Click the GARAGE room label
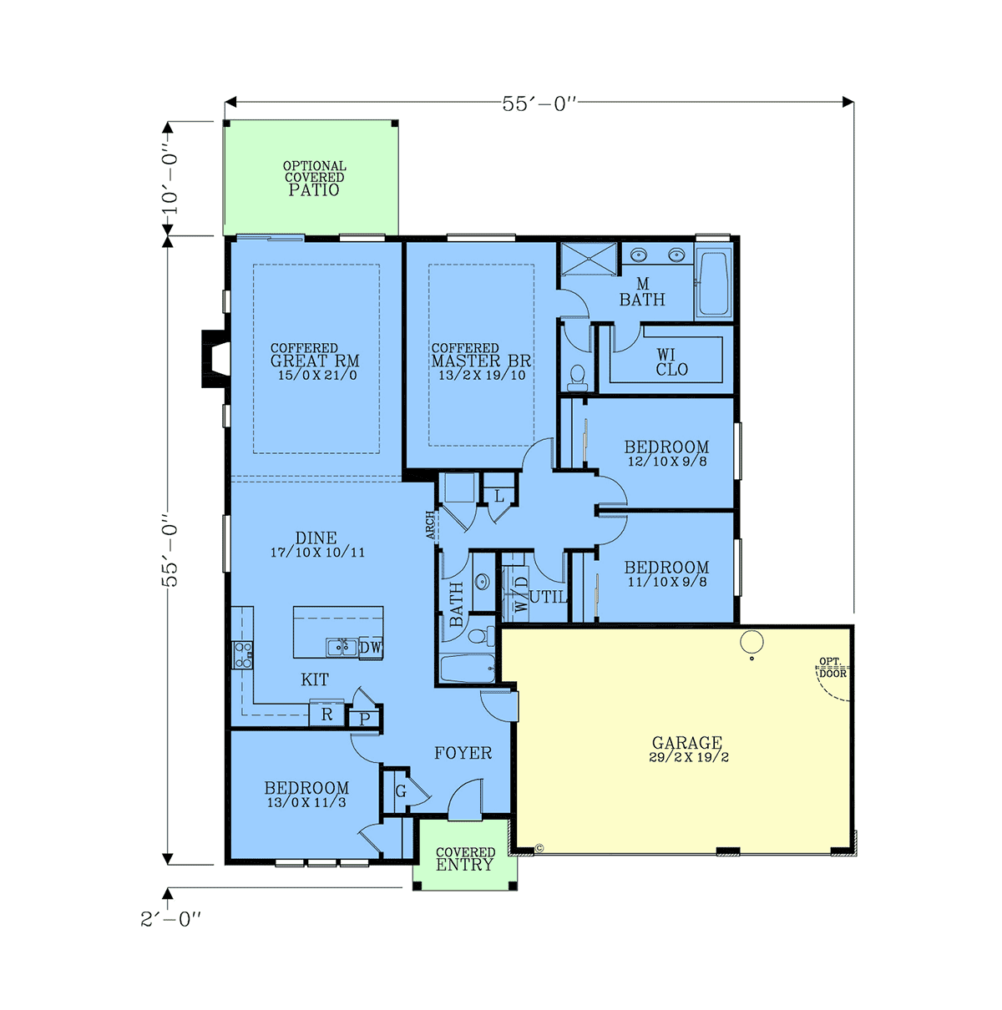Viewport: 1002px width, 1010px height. coord(686,743)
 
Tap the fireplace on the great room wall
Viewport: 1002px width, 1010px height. coord(215,359)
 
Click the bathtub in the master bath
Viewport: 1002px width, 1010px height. coord(713,284)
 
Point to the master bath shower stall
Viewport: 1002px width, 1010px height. coord(590,259)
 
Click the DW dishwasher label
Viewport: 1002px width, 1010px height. coord(370,647)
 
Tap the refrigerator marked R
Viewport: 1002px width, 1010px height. coord(326,714)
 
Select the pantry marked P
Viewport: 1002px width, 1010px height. coord(365,719)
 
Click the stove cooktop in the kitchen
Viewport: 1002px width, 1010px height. coord(242,655)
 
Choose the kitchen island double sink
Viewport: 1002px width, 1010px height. coord(342,647)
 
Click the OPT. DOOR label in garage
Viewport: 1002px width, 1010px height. coord(832,668)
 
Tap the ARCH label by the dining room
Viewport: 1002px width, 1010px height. coord(430,525)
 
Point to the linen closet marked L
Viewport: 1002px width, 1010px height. coord(499,496)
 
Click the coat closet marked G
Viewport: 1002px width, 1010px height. coord(401,791)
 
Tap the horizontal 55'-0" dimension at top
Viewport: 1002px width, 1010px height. coord(539,104)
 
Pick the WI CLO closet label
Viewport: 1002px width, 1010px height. coord(671,362)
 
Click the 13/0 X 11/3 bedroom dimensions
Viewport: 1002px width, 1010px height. coord(306,802)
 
